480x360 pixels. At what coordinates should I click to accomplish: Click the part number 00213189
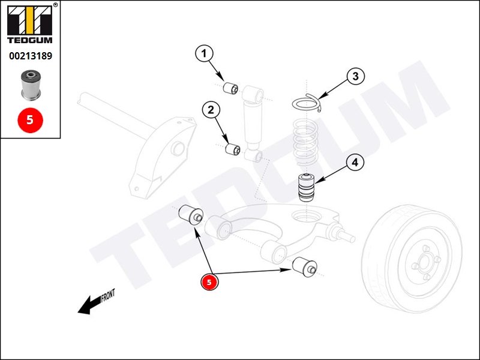coord(31,56)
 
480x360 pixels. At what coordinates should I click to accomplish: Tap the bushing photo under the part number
coord(30,85)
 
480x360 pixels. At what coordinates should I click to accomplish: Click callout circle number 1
coord(204,54)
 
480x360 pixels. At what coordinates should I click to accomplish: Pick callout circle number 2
coord(211,110)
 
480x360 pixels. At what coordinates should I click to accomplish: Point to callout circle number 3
coord(355,76)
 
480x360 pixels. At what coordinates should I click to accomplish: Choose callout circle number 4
coord(355,162)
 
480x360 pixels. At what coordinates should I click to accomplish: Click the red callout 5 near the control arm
coord(209,281)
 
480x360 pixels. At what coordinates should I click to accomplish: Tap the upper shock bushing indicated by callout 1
coord(232,89)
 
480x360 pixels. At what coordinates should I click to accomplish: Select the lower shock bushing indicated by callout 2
coord(233,148)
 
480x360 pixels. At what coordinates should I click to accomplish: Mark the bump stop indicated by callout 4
coord(308,188)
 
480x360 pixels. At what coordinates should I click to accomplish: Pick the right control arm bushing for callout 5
coord(304,267)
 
